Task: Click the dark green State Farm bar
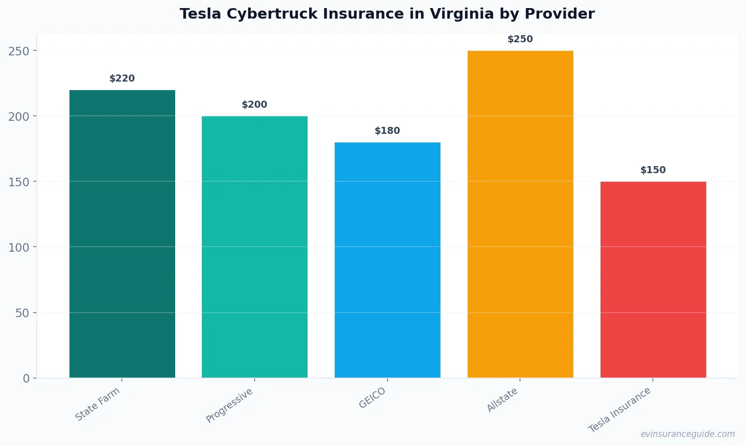[x=122, y=234]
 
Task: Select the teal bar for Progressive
[x=255, y=247]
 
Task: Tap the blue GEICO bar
[x=388, y=260]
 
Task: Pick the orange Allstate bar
[x=520, y=214]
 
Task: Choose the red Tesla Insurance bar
[x=653, y=279]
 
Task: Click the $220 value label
[x=122, y=79]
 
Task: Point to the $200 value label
[x=255, y=105]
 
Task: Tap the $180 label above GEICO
[x=388, y=131]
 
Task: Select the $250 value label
[x=520, y=39]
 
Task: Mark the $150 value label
[x=653, y=170]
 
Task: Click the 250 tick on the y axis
[x=19, y=51]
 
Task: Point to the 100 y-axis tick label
[x=19, y=247]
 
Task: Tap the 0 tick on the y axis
[x=26, y=379]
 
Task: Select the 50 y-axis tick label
[x=22, y=313]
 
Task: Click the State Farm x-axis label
[x=98, y=404]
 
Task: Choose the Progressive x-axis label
[x=230, y=406]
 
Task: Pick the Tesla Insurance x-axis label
[x=620, y=410]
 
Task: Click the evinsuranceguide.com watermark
[x=688, y=434]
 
